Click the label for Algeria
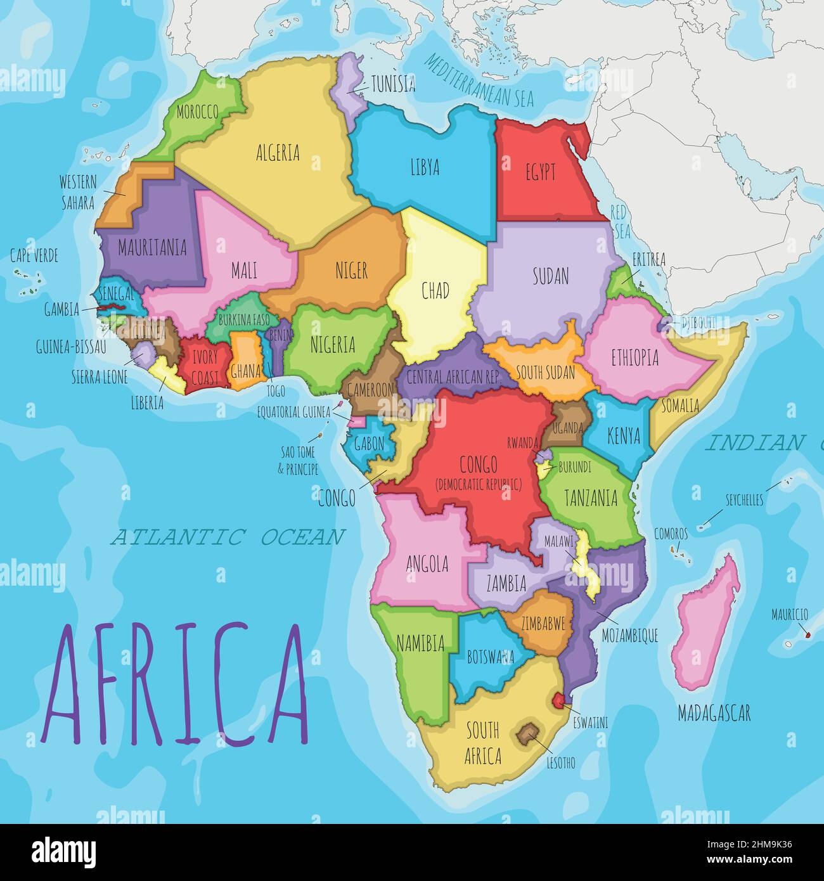(278, 153)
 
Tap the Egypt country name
(541, 172)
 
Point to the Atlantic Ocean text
(228, 537)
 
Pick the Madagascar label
(714, 714)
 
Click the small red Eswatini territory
(558, 700)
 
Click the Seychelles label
(744, 500)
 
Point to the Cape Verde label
(34, 256)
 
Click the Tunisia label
(393, 82)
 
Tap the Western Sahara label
(77, 192)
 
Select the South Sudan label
(545, 373)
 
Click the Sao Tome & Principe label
(300, 460)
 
